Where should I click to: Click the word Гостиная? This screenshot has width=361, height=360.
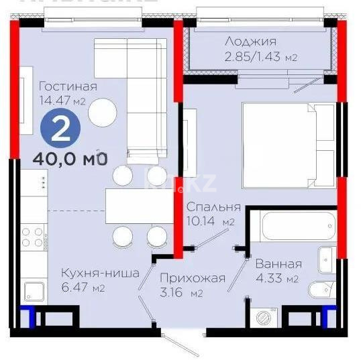pyautogui.click(x=68, y=86)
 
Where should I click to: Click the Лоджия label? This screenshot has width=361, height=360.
pyautogui.click(x=250, y=41)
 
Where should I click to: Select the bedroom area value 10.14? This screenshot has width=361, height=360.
pyautogui.click(x=203, y=221)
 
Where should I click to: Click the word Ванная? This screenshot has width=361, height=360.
pyautogui.click(x=278, y=263)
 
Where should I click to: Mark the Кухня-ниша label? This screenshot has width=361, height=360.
pyautogui.click(x=100, y=273)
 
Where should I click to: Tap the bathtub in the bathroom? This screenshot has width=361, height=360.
pyautogui.click(x=297, y=227)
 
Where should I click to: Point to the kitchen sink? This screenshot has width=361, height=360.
pyautogui.click(x=34, y=292)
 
